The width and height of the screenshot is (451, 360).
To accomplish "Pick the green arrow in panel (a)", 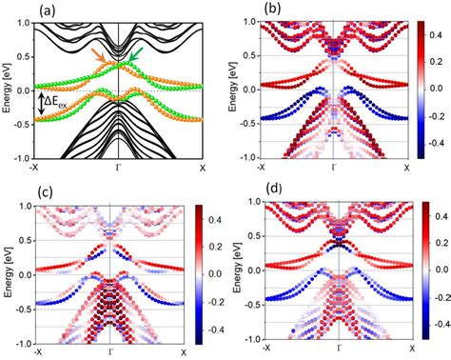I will (x=134, y=59).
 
